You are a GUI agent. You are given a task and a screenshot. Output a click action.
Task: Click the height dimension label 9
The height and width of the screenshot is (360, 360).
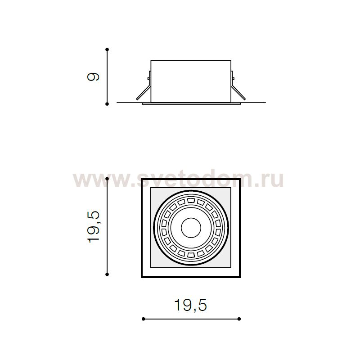point(93,76)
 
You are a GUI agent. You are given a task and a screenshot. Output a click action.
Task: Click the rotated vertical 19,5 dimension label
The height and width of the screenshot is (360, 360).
point(94,227)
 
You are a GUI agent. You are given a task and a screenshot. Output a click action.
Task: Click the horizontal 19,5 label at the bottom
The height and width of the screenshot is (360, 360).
point(191,306)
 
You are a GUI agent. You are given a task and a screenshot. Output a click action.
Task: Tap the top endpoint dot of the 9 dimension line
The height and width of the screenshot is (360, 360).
point(107,49)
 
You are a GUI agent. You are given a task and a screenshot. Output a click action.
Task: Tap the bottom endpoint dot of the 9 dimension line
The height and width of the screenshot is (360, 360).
point(107,104)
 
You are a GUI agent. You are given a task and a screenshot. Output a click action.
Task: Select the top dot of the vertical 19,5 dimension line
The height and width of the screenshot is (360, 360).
point(107,178)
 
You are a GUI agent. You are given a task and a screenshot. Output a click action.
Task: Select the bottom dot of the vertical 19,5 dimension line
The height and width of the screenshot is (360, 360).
point(107,274)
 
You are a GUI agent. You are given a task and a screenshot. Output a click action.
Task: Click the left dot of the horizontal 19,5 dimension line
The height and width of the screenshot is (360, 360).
point(143,319)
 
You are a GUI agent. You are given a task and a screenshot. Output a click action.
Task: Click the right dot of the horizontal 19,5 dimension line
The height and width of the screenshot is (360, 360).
point(239,319)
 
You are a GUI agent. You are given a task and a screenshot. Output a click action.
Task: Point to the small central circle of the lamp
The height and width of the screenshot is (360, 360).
point(191,228)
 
